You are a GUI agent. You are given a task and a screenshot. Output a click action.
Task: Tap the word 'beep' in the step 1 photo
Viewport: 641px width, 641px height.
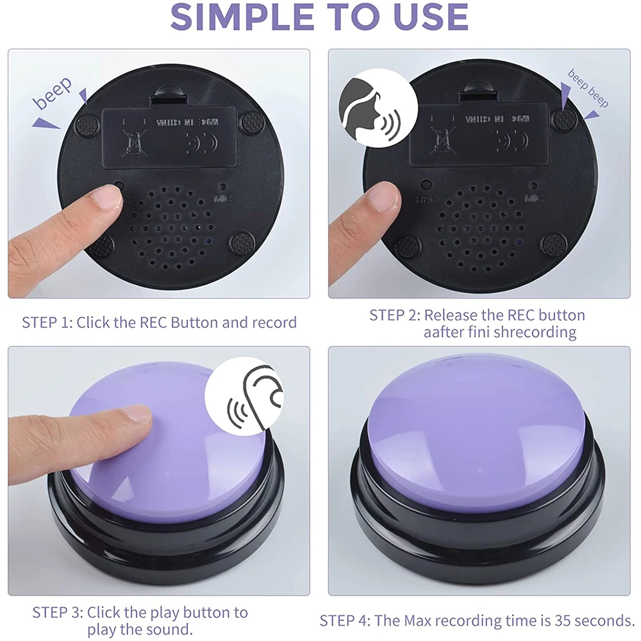click(x=53, y=94)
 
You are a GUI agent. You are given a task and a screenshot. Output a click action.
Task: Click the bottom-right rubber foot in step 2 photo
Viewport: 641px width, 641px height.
click(x=553, y=244)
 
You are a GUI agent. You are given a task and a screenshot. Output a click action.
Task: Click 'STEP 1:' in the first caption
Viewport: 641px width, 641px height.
click(x=47, y=322)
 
